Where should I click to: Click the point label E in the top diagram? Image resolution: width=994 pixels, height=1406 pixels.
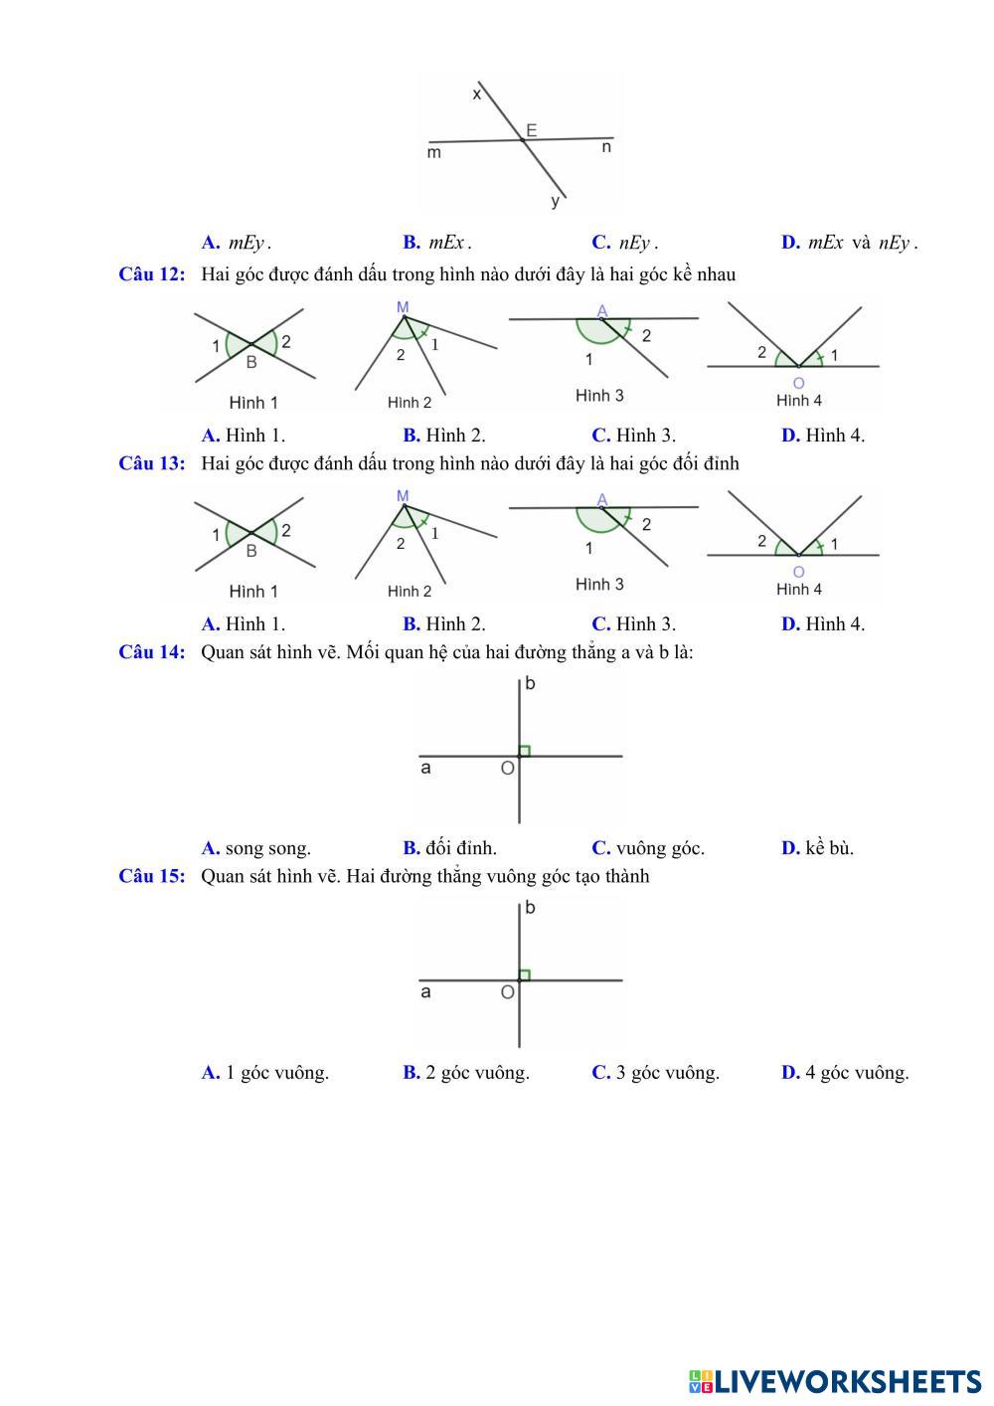pos(532,130)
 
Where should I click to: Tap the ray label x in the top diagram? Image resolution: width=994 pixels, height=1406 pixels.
pos(477,94)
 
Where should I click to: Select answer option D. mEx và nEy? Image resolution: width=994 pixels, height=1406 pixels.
pos(849,243)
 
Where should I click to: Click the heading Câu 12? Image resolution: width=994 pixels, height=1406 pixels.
pos(152,274)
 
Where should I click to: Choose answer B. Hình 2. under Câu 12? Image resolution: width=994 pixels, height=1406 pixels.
pos(444,435)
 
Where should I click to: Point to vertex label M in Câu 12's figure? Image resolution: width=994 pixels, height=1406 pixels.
pos(403,308)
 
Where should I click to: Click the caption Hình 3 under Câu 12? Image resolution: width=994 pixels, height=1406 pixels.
pos(599,396)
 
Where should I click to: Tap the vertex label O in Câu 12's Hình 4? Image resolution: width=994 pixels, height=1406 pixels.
pos(799,383)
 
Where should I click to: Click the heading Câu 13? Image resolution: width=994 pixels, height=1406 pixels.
pos(152,463)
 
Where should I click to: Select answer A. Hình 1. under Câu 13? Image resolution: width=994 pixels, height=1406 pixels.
pos(244,624)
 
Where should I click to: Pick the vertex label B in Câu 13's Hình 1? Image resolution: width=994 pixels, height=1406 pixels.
pos(251,551)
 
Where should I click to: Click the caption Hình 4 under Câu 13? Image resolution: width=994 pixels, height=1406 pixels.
pos(799,590)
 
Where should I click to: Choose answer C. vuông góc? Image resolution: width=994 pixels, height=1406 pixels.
pos(648,848)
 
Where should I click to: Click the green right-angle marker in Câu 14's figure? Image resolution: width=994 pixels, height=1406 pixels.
pos(525,751)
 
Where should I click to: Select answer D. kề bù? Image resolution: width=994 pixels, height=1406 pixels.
pos(817,848)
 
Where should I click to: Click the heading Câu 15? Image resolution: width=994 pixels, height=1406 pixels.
pos(152,876)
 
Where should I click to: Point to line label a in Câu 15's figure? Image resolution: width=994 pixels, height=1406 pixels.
pos(426,991)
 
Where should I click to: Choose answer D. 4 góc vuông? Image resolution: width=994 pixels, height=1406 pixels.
pos(845,1073)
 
